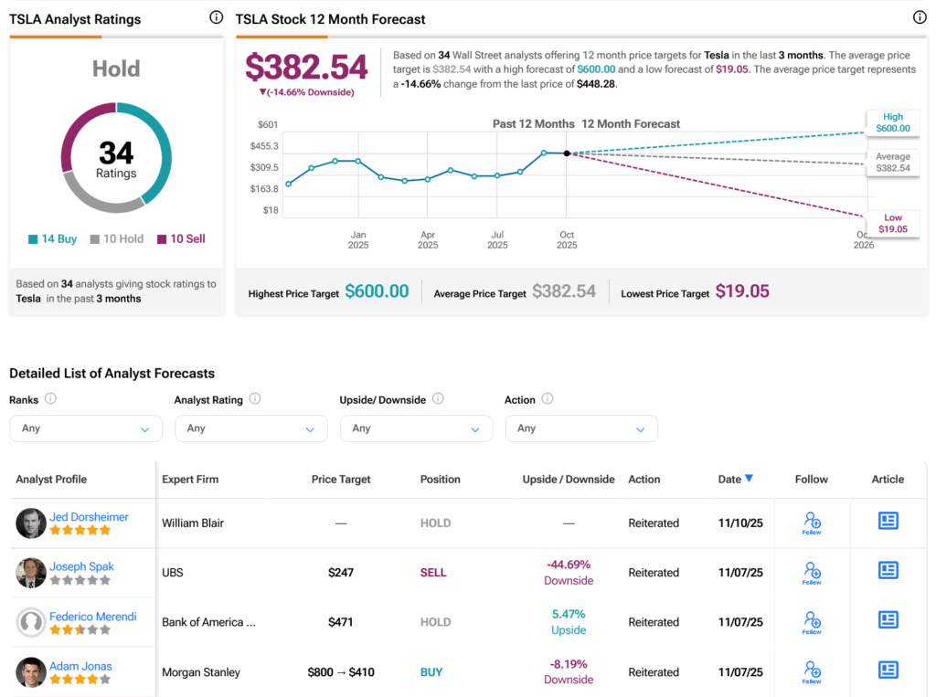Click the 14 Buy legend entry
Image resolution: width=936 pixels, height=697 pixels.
(52, 239)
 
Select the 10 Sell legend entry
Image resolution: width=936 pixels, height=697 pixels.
(181, 239)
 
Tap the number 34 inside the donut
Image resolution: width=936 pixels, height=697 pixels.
(116, 152)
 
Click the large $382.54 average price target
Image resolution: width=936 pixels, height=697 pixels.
(306, 67)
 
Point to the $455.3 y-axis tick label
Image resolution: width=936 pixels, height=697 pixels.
(263, 146)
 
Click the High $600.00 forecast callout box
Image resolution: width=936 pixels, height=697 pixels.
(893, 122)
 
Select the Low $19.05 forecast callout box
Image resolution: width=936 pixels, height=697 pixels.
(893, 223)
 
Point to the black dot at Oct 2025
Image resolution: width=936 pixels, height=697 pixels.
(567, 153)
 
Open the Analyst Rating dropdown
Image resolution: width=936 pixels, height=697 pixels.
(250, 428)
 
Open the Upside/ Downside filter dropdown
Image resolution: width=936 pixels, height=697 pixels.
(416, 428)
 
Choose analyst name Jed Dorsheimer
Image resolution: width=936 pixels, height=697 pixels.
(89, 517)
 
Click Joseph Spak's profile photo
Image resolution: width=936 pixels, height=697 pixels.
(31, 573)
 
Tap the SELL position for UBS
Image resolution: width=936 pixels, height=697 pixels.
(433, 573)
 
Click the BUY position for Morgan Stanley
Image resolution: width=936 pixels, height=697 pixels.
(431, 672)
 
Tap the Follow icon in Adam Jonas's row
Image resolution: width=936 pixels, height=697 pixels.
(812, 671)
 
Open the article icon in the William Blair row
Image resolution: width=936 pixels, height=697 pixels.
(888, 521)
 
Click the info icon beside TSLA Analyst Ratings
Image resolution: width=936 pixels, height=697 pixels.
(216, 17)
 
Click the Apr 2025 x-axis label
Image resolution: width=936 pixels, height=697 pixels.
(428, 239)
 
